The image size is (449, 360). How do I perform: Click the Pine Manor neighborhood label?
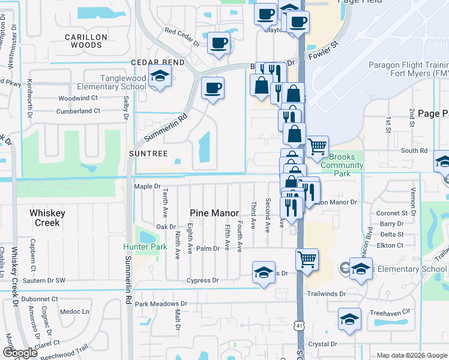click(214, 213)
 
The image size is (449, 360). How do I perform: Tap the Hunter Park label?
click(145, 247)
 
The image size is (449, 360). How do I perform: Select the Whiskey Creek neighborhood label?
click(47, 218)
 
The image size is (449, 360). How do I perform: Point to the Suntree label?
click(146, 154)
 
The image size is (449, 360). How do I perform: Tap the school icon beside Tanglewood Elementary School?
click(160, 76)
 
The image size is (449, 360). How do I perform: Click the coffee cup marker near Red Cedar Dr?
click(218, 43)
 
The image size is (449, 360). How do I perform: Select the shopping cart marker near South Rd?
click(317, 145)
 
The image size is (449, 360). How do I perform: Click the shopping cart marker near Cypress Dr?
click(306, 259)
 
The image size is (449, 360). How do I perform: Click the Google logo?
click(20, 353)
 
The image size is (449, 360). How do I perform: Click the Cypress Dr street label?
click(202, 280)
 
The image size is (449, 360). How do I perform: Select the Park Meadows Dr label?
click(161, 304)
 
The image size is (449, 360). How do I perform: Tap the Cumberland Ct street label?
click(78, 111)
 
